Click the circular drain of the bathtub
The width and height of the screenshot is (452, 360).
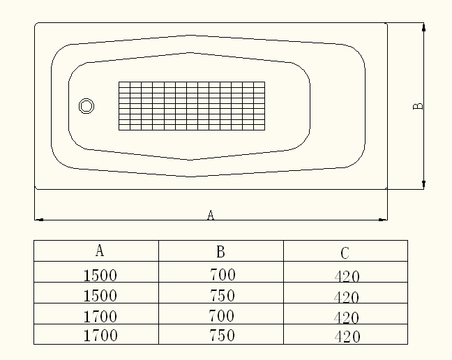pyautogui.click(x=86, y=106)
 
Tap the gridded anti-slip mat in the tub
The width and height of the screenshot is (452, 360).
pyautogui.click(x=191, y=105)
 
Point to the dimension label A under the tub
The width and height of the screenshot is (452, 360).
pyautogui.click(x=211, y=215)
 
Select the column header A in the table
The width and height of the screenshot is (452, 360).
pyautogui.click(x=100, y=250)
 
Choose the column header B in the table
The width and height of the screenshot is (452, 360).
pyautogui.click(x=220, y=251)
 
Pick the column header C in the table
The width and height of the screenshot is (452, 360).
pyautogui.click(x=345, y=253)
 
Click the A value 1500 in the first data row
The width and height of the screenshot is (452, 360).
pyautogui.click(x=100, y=275)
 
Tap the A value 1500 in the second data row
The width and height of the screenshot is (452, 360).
pyautogui.click(x=100, y=296)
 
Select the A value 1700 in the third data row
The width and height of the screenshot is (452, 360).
pyautogui.click(x=100, y=316)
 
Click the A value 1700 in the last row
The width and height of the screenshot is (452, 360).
pyautogui.click(x=100, y=336)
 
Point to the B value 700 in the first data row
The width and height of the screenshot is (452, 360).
pyautogui.click(x=223, y=275)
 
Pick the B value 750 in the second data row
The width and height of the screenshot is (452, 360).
pyautogui.click(x=223, y=296)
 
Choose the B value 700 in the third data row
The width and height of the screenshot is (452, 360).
pyautogui.click(x=223, y=316)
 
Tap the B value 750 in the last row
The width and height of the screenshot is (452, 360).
pyautogui.click(x=223, y=336)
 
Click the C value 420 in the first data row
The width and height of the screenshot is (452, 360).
pyautogui.click(x=347, y=276)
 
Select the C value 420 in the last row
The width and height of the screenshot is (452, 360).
pyautogui.click(x=347, y=338)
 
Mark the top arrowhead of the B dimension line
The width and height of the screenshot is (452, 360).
pyautogui.click(x=423, y=27)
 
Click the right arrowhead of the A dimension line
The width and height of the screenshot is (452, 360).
pyautogui.click(x=383, y=220)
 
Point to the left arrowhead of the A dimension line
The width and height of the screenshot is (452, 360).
pyautogui.click(x=39, y=220)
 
